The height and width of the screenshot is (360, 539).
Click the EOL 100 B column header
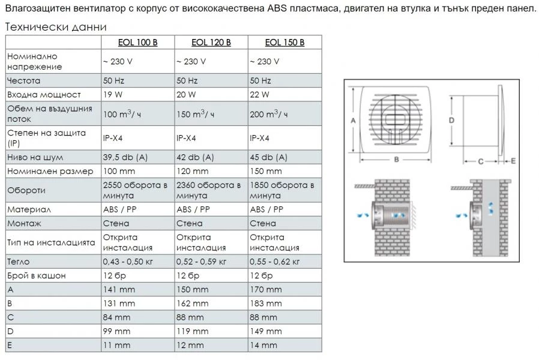137,42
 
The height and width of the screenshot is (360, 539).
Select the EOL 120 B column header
211,42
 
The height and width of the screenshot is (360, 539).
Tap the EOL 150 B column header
285,42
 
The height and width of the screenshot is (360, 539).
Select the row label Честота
23,80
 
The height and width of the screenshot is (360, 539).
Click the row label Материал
29,209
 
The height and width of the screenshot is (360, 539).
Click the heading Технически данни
56,27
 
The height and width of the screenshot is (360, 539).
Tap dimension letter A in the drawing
353,121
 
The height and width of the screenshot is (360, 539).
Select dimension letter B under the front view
397,160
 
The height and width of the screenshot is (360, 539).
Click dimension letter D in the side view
451,120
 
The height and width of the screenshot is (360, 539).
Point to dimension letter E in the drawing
513,161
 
